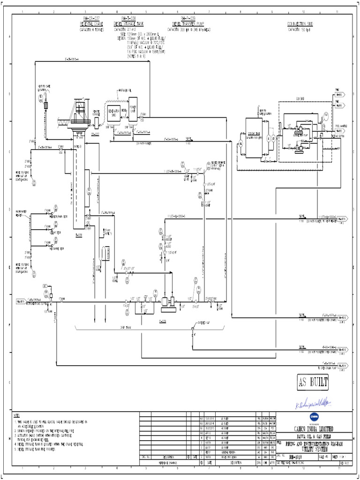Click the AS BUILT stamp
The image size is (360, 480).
click(313, 382)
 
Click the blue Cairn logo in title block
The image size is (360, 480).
click(312, 417)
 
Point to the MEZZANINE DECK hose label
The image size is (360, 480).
click(58, 217)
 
